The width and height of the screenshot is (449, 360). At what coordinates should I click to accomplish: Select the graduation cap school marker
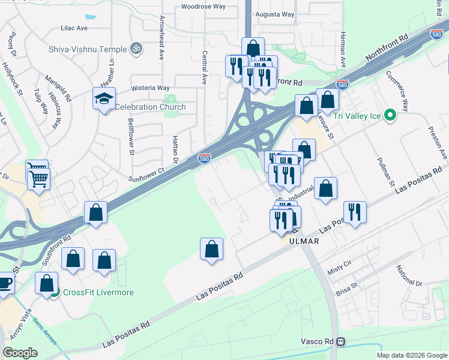104,98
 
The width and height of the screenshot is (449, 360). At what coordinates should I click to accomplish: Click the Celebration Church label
150,107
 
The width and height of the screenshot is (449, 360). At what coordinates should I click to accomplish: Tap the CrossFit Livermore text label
98,293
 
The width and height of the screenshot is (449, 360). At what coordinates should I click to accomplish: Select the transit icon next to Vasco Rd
340,342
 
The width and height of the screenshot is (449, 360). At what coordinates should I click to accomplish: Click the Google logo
20,352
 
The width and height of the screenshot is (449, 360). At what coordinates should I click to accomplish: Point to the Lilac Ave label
74,28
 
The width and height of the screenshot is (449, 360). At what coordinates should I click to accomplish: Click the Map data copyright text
411,355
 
